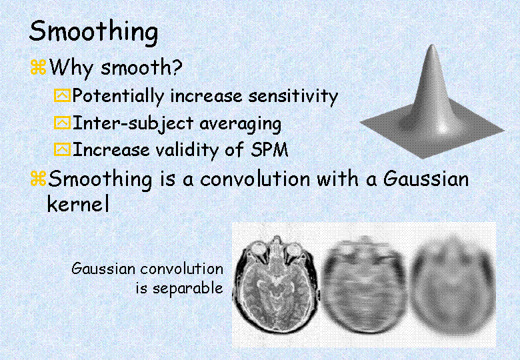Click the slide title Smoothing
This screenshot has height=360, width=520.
93,32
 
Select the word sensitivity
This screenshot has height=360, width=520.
293,97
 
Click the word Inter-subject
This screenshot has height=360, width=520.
133,124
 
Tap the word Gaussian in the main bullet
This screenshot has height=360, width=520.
426,179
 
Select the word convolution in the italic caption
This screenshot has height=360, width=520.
182,269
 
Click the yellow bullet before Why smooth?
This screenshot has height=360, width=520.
38,67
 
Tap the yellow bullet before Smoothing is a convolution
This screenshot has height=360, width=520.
38,179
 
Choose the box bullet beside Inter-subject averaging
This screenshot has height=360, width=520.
63,123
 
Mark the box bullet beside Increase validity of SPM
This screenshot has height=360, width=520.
63,149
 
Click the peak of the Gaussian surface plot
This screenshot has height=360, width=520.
432,47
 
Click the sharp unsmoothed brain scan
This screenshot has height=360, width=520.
277,284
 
